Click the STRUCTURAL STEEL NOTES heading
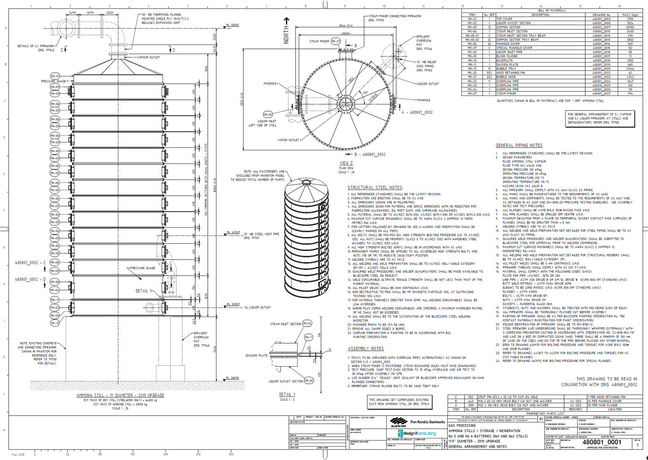coord(375,187)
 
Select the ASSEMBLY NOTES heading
coord(365,349)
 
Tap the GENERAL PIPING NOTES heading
coord(519,146)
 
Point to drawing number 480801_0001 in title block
coord(602,442)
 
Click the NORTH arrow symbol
coord(286,30)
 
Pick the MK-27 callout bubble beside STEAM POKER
coord(335,41)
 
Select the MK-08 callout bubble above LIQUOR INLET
coord(268,114)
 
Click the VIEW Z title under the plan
coord(346,163)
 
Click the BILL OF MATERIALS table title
coord(552,10)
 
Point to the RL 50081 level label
coord(232,25)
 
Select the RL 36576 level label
coord(232,378)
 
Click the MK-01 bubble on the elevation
coord(55,76)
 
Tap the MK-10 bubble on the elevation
coord(55,323)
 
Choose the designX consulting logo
coord(417,433)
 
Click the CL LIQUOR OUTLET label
coord(257,308)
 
